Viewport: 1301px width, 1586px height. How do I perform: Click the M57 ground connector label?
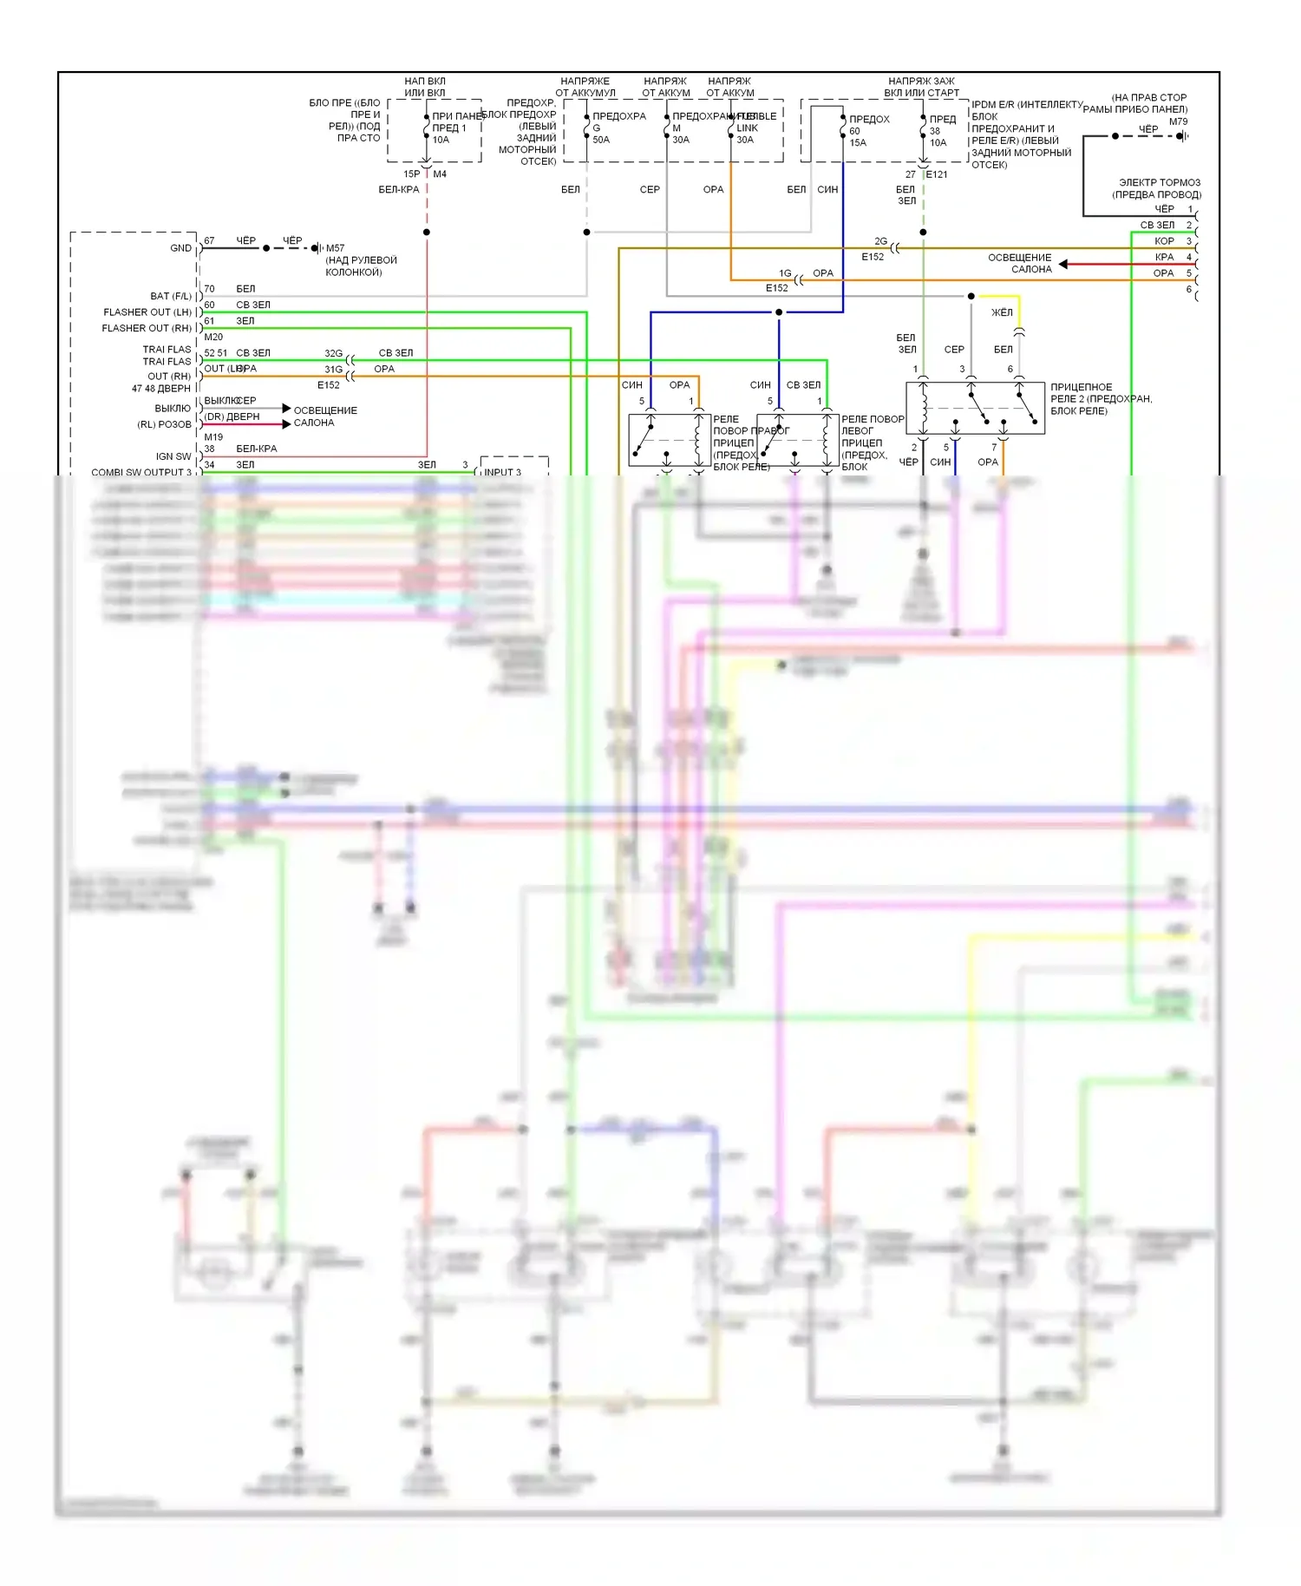(x=335, y=248)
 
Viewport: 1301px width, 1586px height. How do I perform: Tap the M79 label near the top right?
(x=1178, y=121)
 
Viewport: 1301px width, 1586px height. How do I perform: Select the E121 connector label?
(x=937, y=174)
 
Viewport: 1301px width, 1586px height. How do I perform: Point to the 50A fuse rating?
(x=601, y=140)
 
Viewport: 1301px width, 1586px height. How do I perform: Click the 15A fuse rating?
(x=858, y=142)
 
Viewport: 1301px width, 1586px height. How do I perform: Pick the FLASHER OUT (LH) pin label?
(x=147, y=312)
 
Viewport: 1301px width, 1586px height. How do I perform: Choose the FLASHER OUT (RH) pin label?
(x=147, y=328)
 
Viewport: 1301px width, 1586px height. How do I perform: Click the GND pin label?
(x=180, y=248)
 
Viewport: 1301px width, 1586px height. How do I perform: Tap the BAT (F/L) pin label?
(x=171, y=296)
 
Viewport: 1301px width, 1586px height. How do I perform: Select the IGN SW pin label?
(x=173, y=456)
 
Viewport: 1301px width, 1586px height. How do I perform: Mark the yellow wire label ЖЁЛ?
(x=1002, y=312)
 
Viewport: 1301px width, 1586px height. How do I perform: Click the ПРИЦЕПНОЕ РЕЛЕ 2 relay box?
(x=975, y=408)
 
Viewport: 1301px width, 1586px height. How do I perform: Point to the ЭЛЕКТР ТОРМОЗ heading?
(x=1160, y=183)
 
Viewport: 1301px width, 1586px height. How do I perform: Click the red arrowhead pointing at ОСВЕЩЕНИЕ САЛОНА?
(x=1063, y=264)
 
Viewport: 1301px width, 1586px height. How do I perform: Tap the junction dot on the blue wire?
(x=779, y=312)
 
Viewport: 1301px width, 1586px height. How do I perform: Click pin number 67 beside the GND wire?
(x=209, y=240)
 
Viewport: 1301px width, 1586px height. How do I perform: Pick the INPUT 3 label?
(x=503, y=473)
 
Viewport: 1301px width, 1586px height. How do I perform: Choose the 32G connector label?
(x=334, y=353)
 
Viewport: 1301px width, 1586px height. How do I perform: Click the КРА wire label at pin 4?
(x=1164, y=257)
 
